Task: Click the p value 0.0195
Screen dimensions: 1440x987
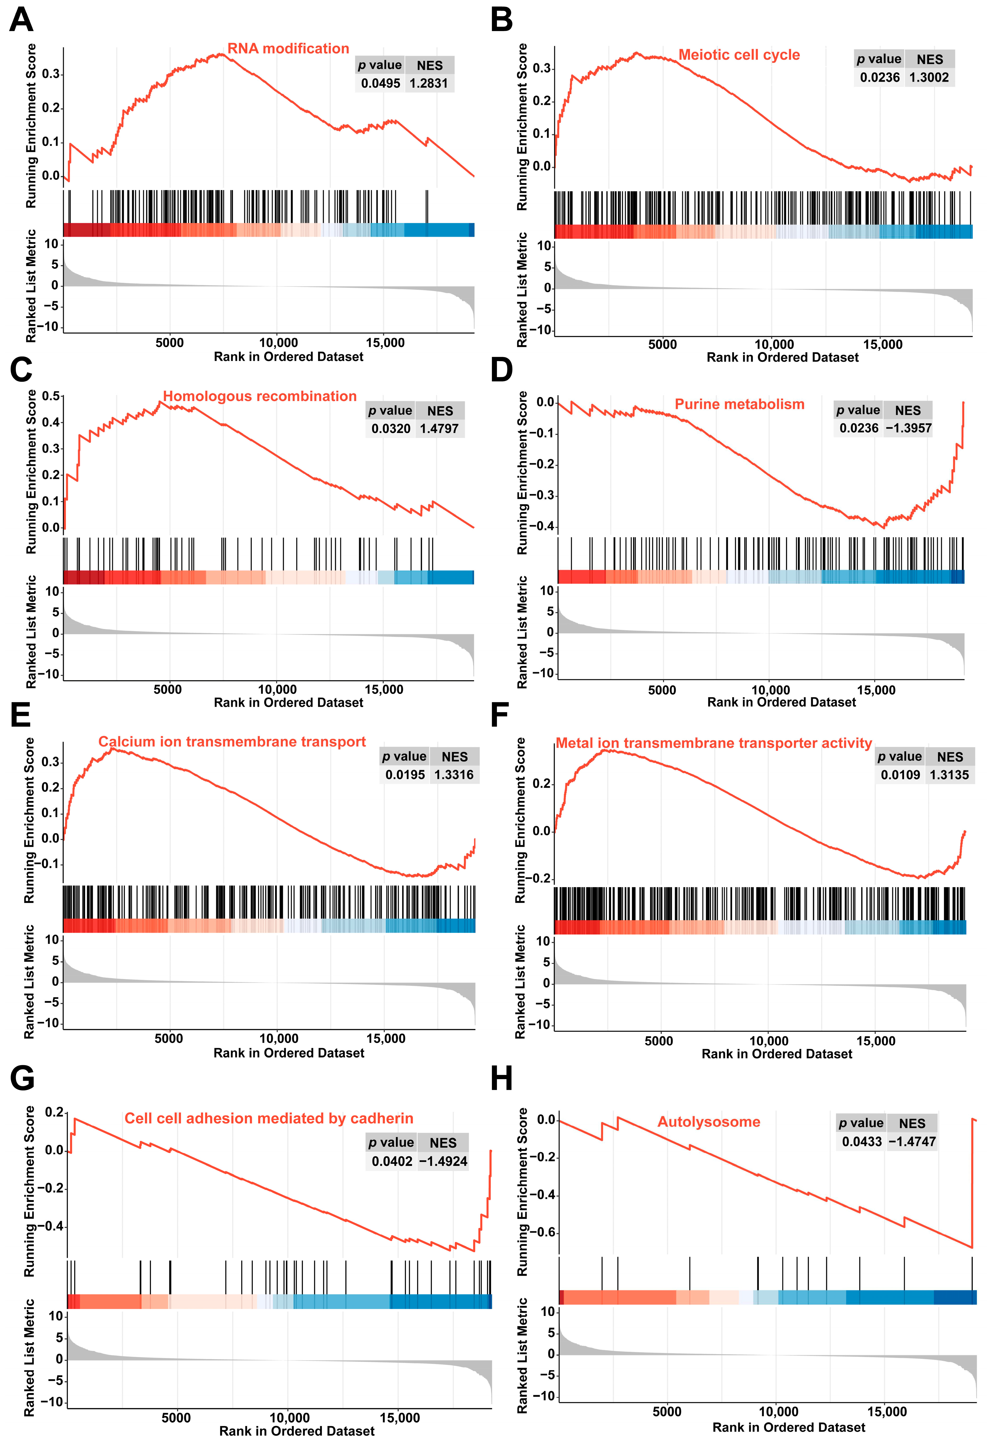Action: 405,775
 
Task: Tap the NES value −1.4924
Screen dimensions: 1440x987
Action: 443,1161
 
